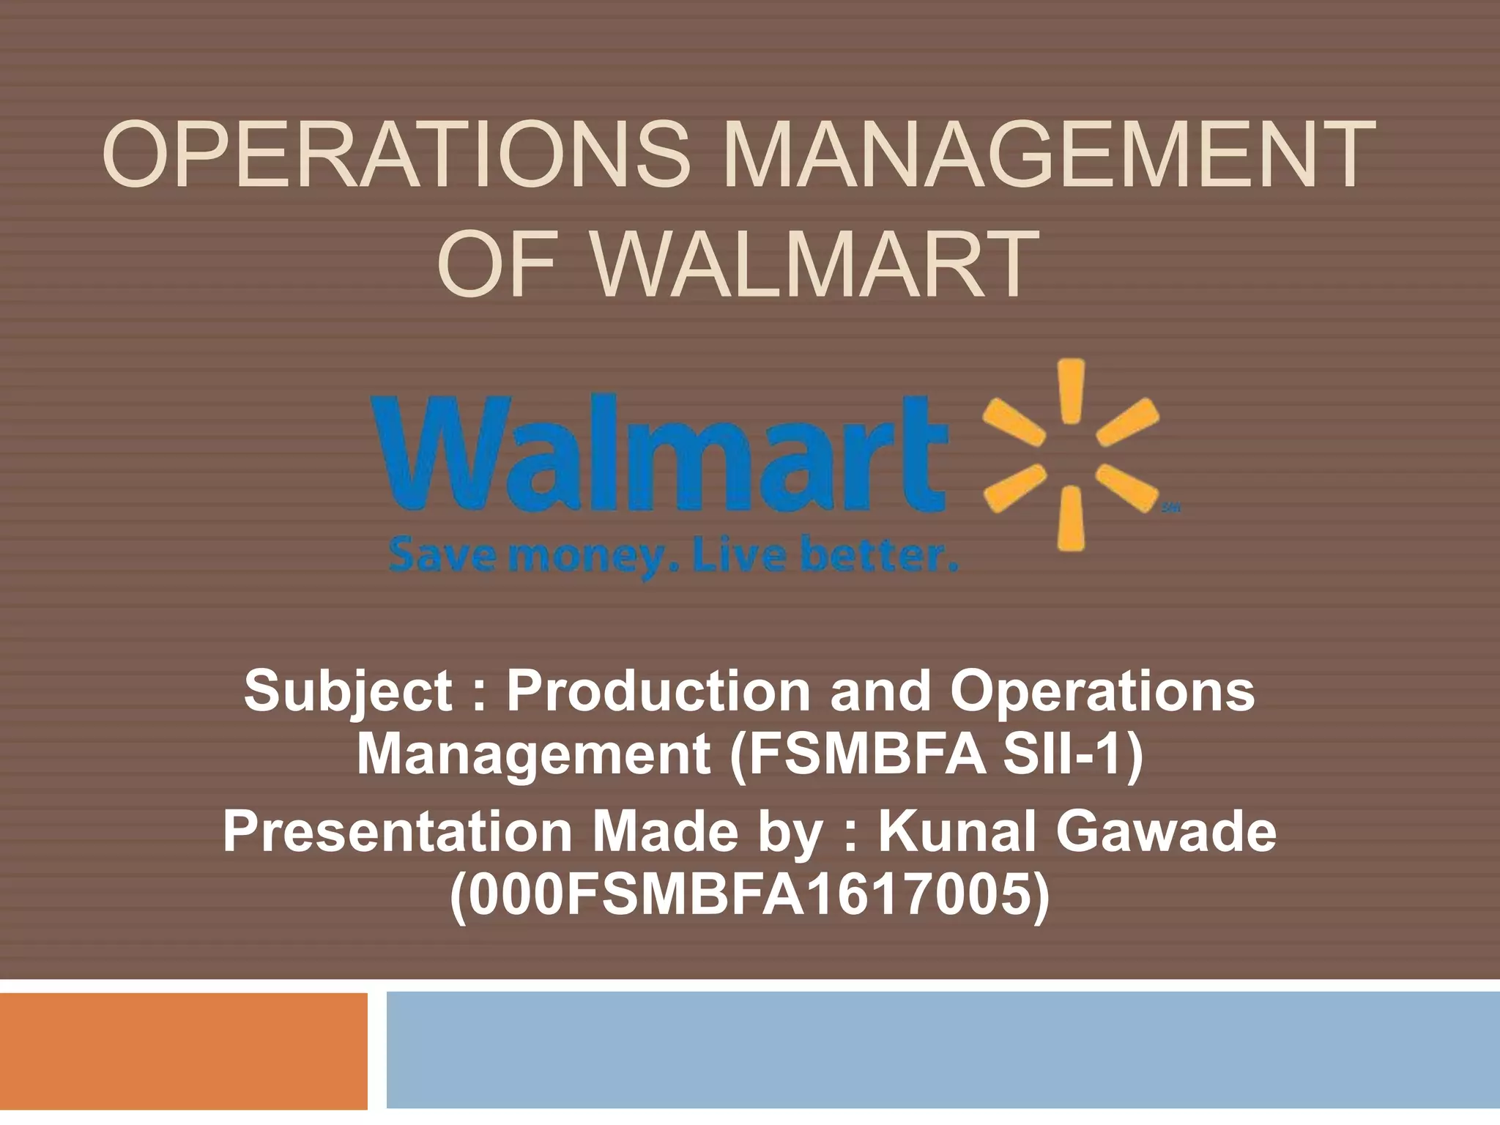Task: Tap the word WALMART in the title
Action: tap(816, 266)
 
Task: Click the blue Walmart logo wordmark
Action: tap(659, 454)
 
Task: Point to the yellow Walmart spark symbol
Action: tap(1071, 455)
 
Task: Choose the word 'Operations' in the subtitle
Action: tap(1102, 692)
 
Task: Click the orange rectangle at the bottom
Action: tap(183, 1050)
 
